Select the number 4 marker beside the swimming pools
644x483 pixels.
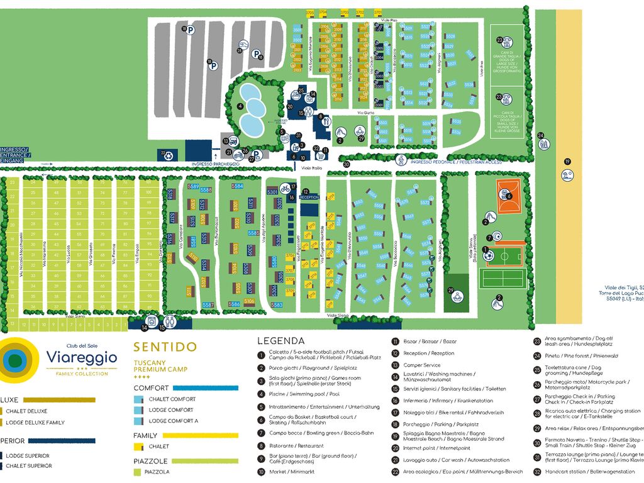click(240, 106)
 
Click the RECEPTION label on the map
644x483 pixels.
click(310, 197)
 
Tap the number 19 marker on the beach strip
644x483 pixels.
click(567, 162)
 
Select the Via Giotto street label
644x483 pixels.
click(365, 113)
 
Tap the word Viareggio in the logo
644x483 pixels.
click(81, 357)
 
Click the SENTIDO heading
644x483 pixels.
click(165, 347)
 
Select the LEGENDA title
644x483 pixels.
click(280, 341)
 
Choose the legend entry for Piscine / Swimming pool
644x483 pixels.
click(295, 394)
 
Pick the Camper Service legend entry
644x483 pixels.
click(422, 365)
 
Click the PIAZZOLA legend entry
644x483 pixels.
click(157, 472)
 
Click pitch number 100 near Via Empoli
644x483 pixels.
click(148, 192)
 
